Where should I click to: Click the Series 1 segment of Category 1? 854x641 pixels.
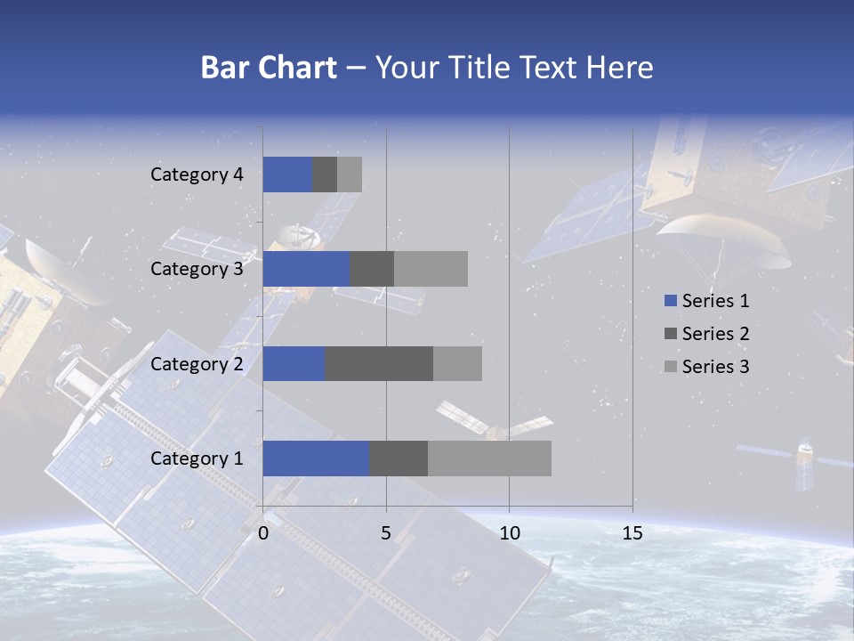(316, 458)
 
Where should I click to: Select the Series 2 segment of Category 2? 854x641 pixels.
(379, 363)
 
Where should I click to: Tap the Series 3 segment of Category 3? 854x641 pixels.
(431, 269)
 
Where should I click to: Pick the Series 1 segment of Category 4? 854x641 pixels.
(287, 174)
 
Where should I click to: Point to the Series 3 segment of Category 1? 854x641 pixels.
(489, 458)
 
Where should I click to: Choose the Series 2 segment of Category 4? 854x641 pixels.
(325, 174)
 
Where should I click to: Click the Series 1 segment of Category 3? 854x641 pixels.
(306, 269)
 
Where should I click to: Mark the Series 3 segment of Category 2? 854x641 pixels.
(457, 363)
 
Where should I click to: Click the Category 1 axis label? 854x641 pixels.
(197, 458)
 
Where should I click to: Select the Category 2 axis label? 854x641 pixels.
(197, 363)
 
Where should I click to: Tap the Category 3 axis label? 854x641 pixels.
(197, 269)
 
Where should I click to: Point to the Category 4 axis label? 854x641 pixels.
(197, 174)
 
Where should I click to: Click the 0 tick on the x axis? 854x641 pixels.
(263, 533)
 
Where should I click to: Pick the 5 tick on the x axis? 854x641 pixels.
(386, 533)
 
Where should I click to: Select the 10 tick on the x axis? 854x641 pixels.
(509, 533)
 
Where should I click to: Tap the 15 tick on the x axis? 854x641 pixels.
(632, 533)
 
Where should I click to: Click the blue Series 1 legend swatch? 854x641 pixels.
(671, 301)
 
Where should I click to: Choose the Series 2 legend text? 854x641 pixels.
(715, 334)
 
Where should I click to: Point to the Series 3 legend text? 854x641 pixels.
(715, 367)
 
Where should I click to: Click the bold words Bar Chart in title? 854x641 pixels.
(269, 68)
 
